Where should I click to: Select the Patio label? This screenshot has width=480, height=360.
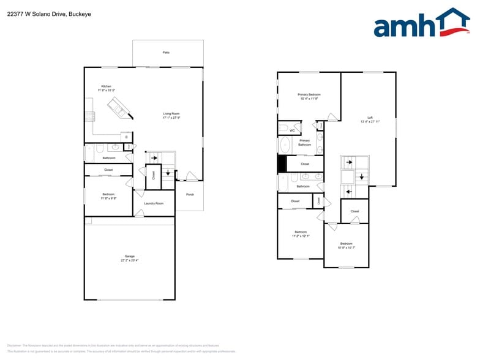point(166,53)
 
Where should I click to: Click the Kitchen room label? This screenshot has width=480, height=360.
point(107,86)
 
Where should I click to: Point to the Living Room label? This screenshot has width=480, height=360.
point(171,114)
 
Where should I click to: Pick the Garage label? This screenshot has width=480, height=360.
point(129,257)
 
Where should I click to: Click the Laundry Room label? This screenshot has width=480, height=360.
point(154,203)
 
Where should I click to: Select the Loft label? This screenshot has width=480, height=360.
point(370,118)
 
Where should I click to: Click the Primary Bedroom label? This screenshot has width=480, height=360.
point(309,95)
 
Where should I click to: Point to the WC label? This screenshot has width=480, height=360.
point(292,130)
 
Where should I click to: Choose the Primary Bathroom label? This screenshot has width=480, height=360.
point(304,143)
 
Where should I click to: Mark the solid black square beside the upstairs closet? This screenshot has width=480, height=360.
point(282,164)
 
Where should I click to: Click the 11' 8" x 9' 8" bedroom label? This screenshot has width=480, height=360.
point(108,196)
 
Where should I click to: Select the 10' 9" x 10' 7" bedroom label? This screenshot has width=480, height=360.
point(346,246)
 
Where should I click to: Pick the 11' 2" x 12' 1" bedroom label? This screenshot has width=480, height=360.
point(301,234)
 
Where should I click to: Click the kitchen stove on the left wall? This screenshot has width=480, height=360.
point(89,116)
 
